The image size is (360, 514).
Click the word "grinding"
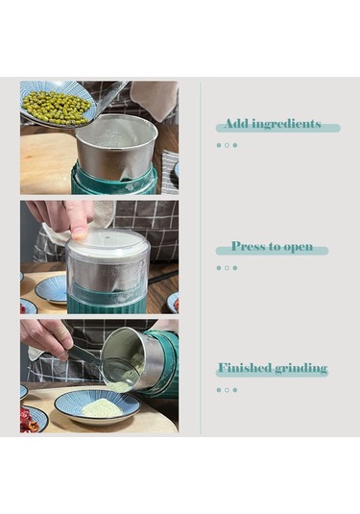pyautogui.click(x=301, y=369)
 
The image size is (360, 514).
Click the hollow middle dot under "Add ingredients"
pyautogui.click(x=227, y=145)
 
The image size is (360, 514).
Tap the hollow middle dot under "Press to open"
pyautogui.click(x=227, y=268)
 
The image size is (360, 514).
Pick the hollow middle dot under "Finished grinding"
pyautogui.click(x=227, y=390)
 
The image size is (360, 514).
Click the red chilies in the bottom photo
pyautogui.click(x=29, y=419)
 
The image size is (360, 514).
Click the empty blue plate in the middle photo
pyautogui.click(x=51, y=289)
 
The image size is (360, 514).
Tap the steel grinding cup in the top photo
pyautogui.click(x=116, y=147)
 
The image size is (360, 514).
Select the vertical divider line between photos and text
pyautogui.click(x=200, y=258)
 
